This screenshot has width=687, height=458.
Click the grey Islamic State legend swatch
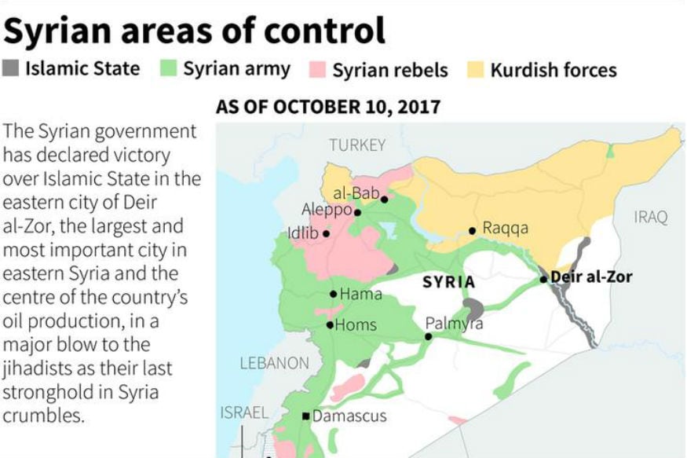[x=13, y=68]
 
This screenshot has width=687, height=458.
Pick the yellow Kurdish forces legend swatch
[x=477, y=69]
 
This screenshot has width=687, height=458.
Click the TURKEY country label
[x=357, y=145]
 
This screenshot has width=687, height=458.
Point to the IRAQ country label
[x=650, y=217]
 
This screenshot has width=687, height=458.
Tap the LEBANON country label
[x=275, y=363]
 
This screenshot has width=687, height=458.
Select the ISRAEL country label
[x=244, y=412]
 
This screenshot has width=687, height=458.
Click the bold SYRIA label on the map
[x=448, y=282]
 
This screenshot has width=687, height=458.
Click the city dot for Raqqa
[x=473, y=231]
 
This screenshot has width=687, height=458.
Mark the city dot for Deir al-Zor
[x=543, y=279]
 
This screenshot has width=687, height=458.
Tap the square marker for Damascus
[x=306, y=416]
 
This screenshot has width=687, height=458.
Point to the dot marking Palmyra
[x=429, y=336]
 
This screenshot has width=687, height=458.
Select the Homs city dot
[x=330, y=324]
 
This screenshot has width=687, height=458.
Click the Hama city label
[x=361, y=295]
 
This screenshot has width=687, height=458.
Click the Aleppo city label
[x=327, y=210]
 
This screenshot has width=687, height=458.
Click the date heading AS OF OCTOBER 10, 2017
[x=327, y=108]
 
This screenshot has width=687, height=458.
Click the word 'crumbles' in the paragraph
[x=42, y=416]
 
